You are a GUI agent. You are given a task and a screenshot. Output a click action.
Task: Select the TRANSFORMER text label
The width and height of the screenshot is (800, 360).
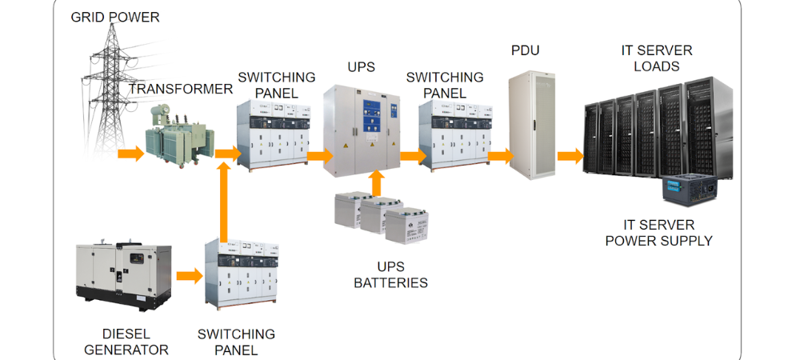coord(181,89)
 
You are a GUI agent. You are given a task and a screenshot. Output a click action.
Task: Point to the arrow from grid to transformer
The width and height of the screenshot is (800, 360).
coord(130,153)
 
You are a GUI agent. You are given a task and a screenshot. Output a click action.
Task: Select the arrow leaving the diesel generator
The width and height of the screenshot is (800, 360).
coord(190,276)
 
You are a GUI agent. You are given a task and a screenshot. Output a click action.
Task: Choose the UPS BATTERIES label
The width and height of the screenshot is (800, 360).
coord(390,274)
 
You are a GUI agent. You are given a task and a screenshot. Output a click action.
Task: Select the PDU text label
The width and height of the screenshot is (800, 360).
coord(525,51)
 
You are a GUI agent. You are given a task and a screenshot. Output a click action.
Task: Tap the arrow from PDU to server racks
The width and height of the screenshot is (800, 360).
coord(570,155)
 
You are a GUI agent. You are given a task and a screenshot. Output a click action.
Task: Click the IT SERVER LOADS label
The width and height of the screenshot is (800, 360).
coord(657,58)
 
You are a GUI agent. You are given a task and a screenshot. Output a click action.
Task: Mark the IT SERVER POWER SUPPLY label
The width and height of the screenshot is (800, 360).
coord(658,233)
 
